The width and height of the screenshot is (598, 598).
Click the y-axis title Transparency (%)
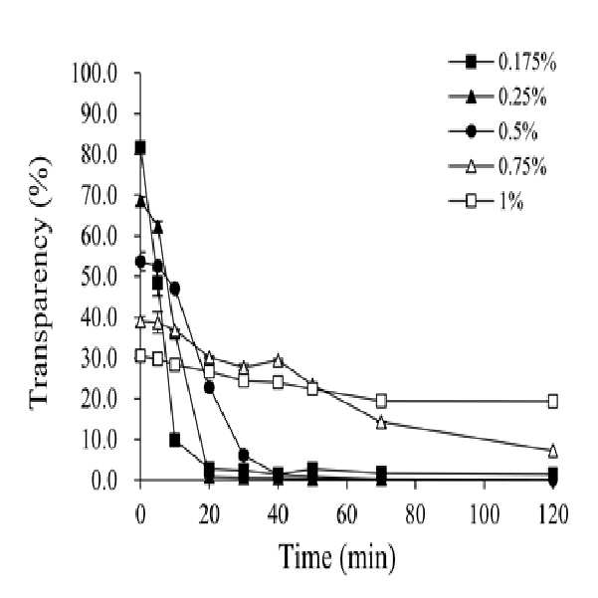click(x=40, y=283)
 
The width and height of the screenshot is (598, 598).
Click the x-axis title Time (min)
click(x=336, y=558)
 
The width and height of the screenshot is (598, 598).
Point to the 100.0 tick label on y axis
click(x=94, y=74)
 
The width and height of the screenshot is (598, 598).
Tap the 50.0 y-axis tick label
click(x=99, y=277)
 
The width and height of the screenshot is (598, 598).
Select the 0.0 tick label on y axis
click(x=103, y=481)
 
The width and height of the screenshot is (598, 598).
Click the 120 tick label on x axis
click(x=552, y=514)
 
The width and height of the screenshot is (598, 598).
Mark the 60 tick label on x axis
click(x=346, y=514)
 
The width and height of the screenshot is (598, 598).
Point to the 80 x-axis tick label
click(x=415, y=514)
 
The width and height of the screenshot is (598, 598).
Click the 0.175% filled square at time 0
click(x=140, y=147)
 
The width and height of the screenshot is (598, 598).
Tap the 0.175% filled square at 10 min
click(x=175, y=440)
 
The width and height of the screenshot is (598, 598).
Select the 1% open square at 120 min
click(x=553, y=401)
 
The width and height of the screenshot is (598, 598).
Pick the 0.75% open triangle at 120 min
click(x=553, y=451)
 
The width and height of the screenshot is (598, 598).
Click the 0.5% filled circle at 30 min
click(x=244, y=455)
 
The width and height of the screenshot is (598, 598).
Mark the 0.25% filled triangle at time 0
click(x=140, y=201)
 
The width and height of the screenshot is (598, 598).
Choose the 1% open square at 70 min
click(x=381, y=401)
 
